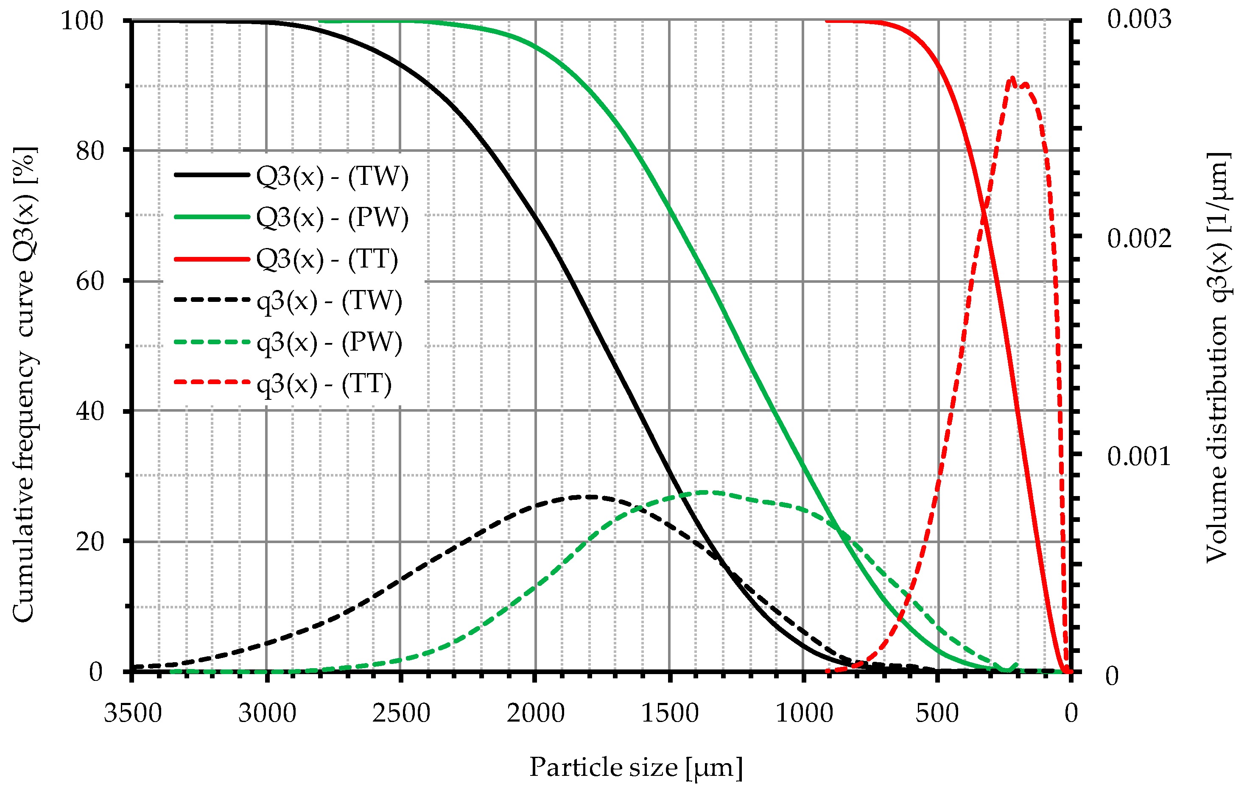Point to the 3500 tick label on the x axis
click(133, 714)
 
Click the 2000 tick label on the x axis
click(535, 714)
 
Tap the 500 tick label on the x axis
click(937, 714)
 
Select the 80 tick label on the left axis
click(89, 151)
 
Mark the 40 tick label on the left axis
click(89, 412)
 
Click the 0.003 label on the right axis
click(1139, 20)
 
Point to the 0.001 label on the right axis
click(1139, 457)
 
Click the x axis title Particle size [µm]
click(636, 767)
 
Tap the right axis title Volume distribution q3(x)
click(1217, 357)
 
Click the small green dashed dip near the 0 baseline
click(1007, 670)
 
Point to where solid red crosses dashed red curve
click(984, 212)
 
